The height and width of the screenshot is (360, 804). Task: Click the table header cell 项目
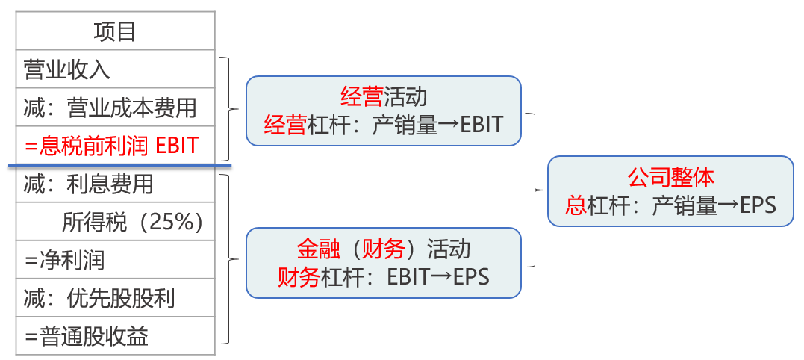tap(115, 31)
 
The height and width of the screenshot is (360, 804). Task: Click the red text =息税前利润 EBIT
tap(111, 145)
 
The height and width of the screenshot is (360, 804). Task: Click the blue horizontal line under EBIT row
tap(119, 164)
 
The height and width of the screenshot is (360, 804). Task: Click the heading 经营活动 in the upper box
tap(384, 96)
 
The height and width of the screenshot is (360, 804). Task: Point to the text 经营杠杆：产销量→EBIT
tap(384, 124)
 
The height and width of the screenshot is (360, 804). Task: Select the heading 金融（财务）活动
tap(384, 249)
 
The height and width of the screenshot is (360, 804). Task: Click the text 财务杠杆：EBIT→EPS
tap(384, 277)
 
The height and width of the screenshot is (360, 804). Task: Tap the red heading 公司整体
tap(670, 177)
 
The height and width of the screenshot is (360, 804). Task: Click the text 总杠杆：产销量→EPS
tap(670, 205)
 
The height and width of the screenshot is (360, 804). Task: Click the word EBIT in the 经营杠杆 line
tap(482, 124)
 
